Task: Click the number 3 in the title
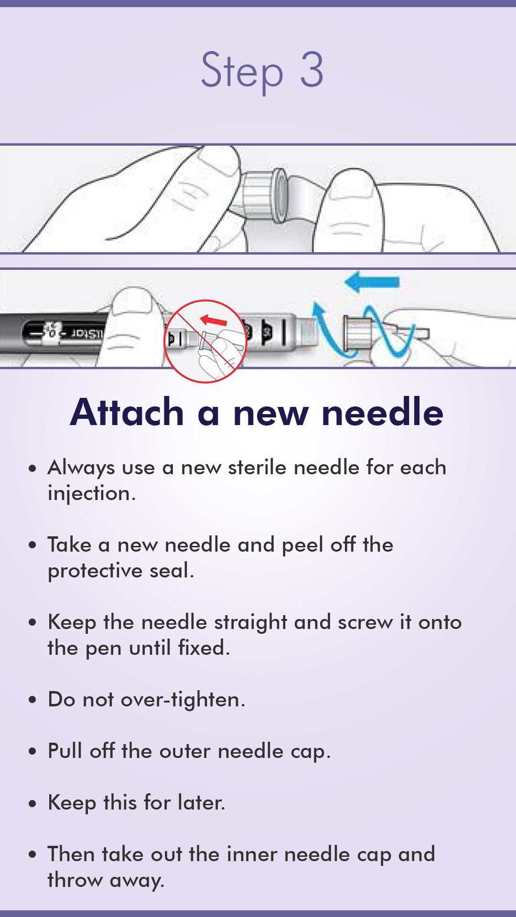click(312, 70)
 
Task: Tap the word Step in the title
click(242, 71)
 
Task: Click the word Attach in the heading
click(127, 412)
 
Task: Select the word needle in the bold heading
click(383, 412)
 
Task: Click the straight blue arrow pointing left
click(373, 282)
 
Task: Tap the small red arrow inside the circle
click(214, 320)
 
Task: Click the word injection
click(91, 494)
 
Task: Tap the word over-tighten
click(183, 700)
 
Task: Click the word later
click(201, 803)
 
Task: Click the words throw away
click(106, 880)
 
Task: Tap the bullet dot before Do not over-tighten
click(32, 701)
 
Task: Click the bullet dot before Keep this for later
click(32, 804)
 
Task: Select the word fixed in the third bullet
click(204, 648)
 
